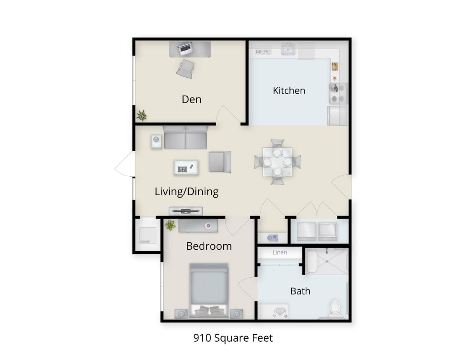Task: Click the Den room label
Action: [191, 99]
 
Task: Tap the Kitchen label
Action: [289, 91]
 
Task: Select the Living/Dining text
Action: [186, 191]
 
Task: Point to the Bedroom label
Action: [209, 246]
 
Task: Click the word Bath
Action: [300, 291]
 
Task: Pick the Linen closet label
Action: [280, 252]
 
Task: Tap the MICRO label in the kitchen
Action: [263, 52]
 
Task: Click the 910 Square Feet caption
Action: [233, 338]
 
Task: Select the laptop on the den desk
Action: [185, 49]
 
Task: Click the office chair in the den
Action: [185, 69]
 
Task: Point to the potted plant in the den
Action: [142, 115]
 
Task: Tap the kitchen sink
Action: [288, 49]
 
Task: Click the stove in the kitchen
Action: [338, 94]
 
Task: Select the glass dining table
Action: [277, 162]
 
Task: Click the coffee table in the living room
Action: [186, 167]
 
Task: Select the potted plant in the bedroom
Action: [170, 225]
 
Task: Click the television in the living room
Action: [186, 211]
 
